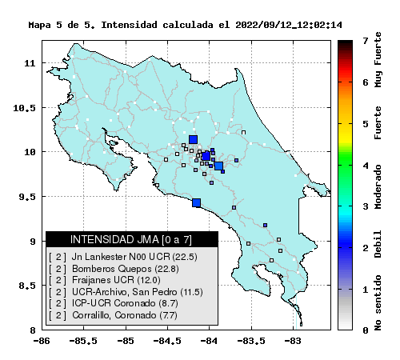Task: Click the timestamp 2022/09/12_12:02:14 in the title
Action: point(289,25)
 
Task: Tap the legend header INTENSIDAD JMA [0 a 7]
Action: point(131,239)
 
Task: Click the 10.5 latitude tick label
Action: point(24,108)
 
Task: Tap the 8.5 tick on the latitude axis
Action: point(27,286)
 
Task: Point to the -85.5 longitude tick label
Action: point(83,341)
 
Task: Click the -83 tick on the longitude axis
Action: point(292,341)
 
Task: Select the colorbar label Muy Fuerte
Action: point(378,59)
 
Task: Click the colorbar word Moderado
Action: point(378,186)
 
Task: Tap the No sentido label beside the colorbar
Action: point(378,302)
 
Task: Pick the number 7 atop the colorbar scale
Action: point(366,41)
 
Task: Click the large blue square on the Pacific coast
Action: point(197,203)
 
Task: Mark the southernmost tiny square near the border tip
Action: point(301,325)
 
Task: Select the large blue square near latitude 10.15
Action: point(193,139)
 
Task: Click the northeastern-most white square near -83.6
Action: point(243,132)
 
